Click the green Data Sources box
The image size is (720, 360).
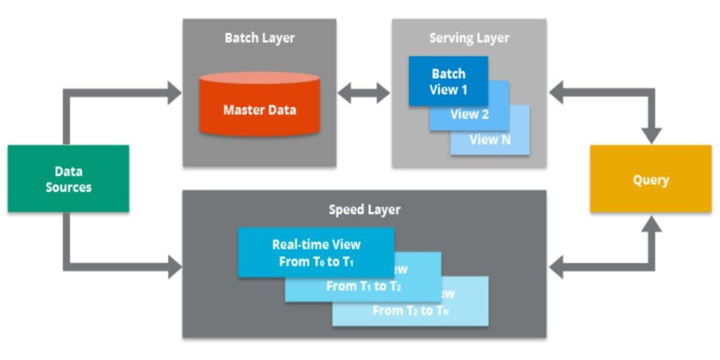pos(68,178)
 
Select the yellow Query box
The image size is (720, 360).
pos(650,179)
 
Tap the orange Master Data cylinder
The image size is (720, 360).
pos(259,109)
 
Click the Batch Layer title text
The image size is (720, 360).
pos(259,38)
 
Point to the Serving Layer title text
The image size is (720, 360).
pos(469,38)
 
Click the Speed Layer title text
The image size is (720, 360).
pos(364,210)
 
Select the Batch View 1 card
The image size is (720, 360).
pos(448,82)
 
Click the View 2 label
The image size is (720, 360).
pos(470,115)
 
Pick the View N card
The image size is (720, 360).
pos(490,140)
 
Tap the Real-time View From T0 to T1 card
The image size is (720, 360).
pos(316,252)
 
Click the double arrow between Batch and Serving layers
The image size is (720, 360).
pos(364,93)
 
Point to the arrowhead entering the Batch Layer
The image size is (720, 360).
pos(174,93)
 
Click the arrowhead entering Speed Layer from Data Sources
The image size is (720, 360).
pos(174,266)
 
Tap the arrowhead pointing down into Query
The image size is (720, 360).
pos(651,136)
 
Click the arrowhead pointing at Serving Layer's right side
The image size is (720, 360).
pos(557,93)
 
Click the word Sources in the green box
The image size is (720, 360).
pos(68,187)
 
